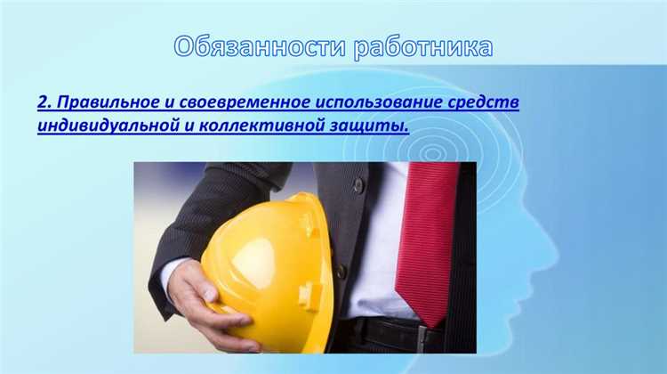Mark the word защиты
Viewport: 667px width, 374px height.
coord(373,126)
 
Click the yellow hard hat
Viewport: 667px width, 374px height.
coord(267,267)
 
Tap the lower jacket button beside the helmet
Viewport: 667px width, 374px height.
coord(341,271)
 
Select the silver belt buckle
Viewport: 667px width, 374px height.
coord(419,337)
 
